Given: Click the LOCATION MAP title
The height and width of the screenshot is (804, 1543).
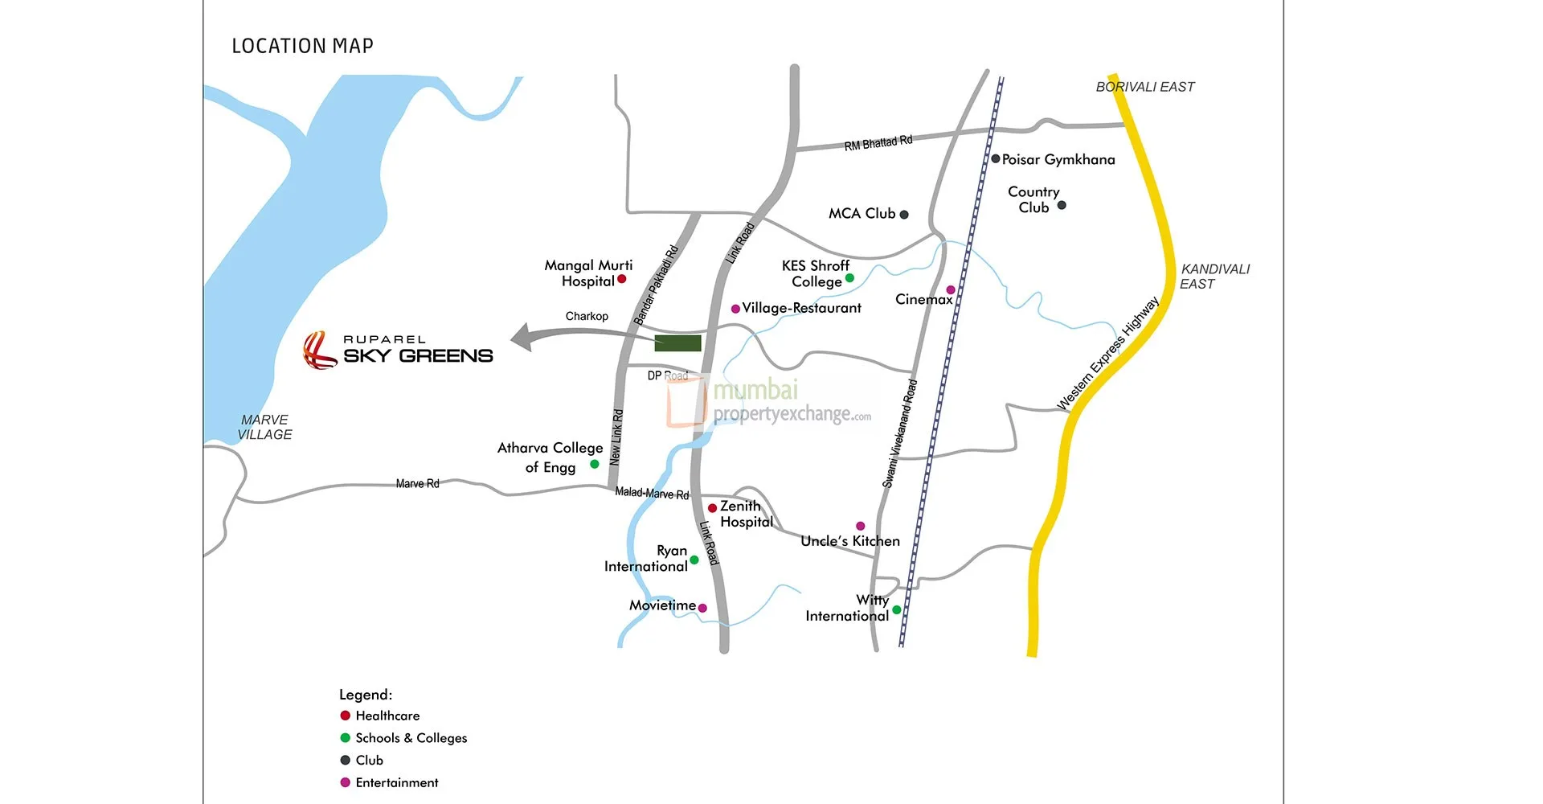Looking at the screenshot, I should [302, 46].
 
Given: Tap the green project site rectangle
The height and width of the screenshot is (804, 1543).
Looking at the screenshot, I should [677, 343].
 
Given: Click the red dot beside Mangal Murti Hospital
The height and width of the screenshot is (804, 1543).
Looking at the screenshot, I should [621, 279].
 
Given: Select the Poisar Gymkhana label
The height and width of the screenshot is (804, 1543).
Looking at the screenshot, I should [1058, 159].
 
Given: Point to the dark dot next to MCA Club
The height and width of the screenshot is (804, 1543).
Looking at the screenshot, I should [904, 215].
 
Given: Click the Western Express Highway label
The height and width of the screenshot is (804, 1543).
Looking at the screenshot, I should [1108, 355].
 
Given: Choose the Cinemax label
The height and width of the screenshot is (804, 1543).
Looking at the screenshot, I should [923, 299].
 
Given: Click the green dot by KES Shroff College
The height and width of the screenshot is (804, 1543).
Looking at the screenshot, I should [849, 278].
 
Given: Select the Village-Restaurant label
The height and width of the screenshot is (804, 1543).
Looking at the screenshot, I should [801, 308].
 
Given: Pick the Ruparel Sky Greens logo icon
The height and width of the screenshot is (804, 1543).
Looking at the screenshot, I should [319, 351].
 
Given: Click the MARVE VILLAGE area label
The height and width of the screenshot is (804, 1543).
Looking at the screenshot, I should [264, 427].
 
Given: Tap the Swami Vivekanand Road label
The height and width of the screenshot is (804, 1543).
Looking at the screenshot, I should [899, 434].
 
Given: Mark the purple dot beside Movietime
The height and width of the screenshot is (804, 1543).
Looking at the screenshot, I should [702, 608].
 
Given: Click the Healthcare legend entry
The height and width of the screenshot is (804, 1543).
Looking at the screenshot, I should [387, 716].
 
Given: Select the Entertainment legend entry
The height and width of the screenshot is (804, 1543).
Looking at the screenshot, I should [396, 782].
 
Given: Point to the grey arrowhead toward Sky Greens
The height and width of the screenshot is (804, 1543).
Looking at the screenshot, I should [522, 337].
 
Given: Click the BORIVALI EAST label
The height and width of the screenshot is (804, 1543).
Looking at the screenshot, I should [1144, 87].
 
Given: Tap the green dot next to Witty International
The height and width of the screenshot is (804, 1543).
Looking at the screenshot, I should [897, 609].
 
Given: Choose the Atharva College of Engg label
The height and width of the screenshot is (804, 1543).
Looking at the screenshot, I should [550, 457].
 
